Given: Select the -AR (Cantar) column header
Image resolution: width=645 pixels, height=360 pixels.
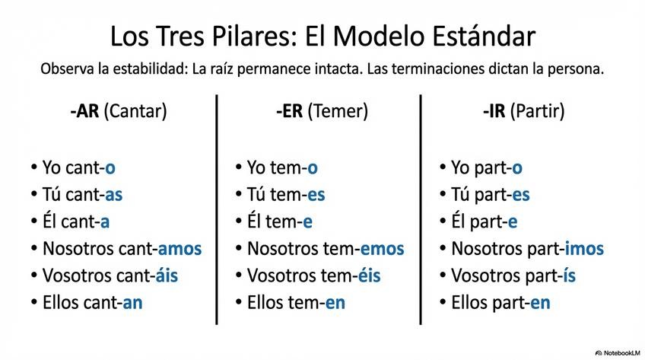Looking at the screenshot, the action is [x=118, y=111].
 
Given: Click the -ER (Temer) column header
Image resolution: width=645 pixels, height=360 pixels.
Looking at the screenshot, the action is [x=322, y=111].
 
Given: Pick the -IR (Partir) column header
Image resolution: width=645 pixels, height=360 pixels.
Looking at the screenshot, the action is [x=524, y=111].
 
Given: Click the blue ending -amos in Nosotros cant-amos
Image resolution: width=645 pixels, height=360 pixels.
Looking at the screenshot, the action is [x=180, y=248].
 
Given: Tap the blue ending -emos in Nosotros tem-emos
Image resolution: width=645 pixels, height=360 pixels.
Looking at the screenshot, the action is [x=382, y=248].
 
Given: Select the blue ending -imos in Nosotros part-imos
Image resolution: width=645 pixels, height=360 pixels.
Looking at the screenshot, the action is [x=583, y=248].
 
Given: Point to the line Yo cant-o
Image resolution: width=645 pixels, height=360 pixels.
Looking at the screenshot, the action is [x=74, y=167].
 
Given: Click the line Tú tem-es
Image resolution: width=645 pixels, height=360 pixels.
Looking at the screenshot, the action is [x=279, y=194].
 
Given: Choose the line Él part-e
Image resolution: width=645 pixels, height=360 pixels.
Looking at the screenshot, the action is [x=478, y=221].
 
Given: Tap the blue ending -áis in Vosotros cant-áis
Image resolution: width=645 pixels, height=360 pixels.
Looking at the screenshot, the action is [x=167, y=275].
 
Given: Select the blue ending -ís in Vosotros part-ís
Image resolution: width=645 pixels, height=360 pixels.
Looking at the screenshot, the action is [x=569, y=275].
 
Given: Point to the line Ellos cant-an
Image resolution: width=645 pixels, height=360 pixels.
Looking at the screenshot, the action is [x=87, y=302].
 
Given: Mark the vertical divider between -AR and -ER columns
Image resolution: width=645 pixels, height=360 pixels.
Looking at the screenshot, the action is [x=217, y=209].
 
